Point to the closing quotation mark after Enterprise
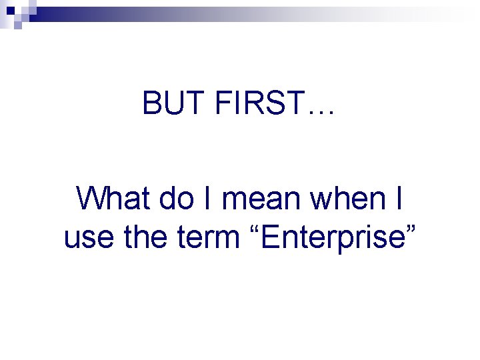coord(409,228)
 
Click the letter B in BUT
coord(151,103)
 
